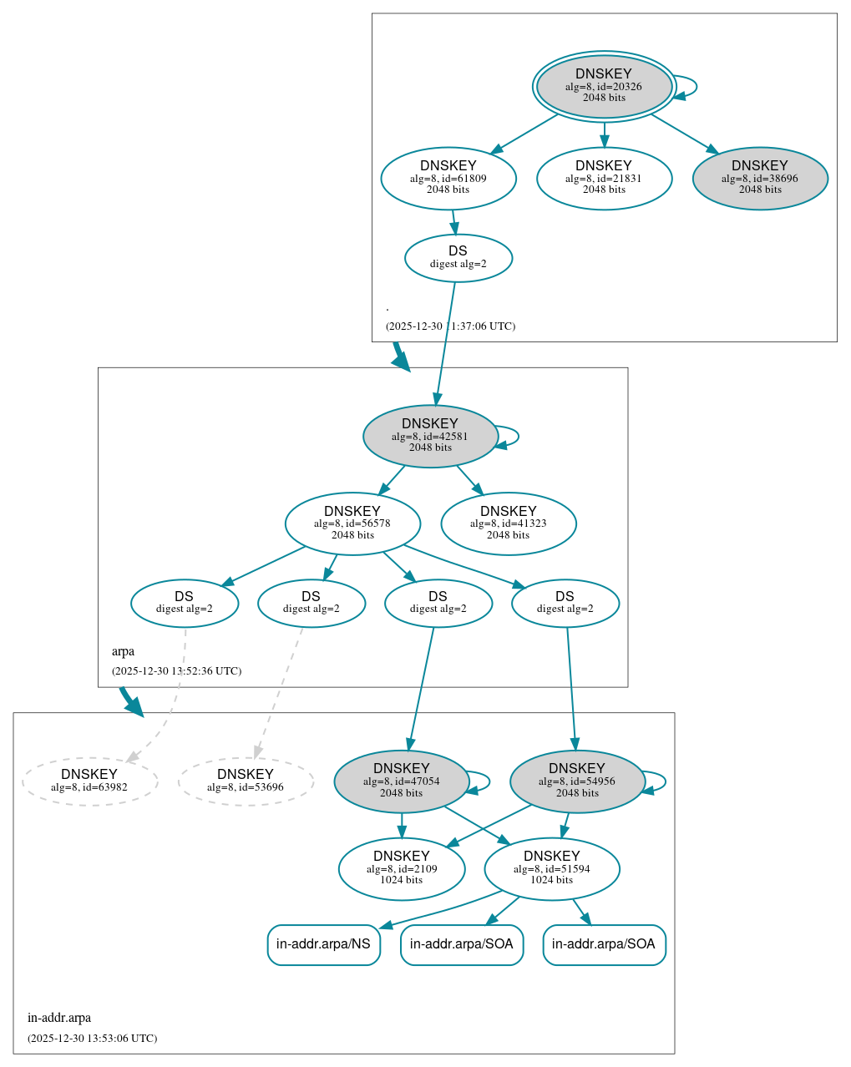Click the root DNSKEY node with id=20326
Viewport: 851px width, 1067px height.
click(604, 86)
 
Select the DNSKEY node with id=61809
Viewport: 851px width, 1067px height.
click(448, 178)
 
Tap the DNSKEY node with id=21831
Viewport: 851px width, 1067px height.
click(604, 178)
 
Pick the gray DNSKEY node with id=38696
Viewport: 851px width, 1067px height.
click(760, 178)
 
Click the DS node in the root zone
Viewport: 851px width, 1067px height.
click(458, 257)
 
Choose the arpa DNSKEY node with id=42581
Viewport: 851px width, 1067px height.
click(430, 436)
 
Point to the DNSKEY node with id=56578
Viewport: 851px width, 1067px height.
click(352, 523)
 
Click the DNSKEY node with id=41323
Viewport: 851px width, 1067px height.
click(509, 523)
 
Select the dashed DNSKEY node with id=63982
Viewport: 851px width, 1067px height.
click(89, 781)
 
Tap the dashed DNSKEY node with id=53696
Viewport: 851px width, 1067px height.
click(246, 781)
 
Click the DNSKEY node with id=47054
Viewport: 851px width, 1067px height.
click(402, 781)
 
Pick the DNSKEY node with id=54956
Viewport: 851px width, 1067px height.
click(577, 781)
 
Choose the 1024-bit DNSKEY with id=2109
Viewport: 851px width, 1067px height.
click(402, 868)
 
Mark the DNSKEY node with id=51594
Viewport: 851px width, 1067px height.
click(552, 868)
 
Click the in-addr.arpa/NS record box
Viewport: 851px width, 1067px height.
click(323, 944)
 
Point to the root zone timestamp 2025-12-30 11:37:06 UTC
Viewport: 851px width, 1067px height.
click(450, 326)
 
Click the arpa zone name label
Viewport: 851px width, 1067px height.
click(123, 652)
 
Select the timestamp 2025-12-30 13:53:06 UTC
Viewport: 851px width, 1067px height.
click(92, 1039)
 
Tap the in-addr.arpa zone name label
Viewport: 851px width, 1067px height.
click(59, 1018)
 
